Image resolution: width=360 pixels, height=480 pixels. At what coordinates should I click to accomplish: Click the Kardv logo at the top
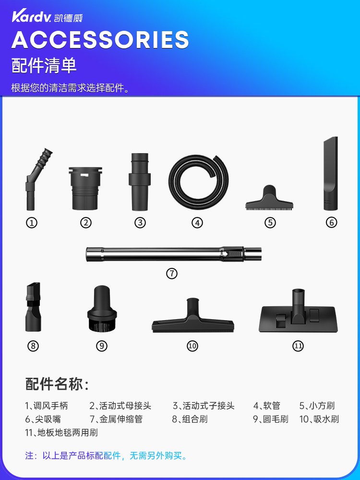[47, 16]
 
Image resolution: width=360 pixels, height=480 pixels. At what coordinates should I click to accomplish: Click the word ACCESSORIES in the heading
[100, 40]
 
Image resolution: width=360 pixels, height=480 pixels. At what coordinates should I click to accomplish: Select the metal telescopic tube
[174, 254]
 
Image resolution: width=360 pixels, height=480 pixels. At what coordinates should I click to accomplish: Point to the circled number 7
[172, 274]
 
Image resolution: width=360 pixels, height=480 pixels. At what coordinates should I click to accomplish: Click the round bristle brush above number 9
[102, 308]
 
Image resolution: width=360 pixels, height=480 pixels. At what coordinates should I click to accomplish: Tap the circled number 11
[298, 346]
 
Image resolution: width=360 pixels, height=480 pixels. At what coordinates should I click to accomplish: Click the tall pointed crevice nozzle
[331, 174]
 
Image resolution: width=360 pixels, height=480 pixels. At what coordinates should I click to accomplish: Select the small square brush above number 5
[269, 198]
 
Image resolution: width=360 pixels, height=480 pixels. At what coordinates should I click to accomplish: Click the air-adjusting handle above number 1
[35, 180]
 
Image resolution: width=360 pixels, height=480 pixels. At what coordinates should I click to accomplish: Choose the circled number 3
[140, 223]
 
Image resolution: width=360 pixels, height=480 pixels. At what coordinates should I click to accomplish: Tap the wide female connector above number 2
[85, 188]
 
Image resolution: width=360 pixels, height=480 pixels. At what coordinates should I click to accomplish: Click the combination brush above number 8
[34, 307]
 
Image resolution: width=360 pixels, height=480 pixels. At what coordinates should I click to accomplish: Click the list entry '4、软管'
[266, 406]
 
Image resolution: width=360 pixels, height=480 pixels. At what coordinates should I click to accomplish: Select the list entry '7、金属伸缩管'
[116, 419]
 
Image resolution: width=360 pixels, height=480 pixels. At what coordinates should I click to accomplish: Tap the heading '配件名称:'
[57, 384]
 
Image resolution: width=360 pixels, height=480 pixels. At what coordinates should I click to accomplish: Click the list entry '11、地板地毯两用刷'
[61, 432]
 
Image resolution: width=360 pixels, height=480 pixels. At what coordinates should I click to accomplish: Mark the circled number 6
[331, 223]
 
